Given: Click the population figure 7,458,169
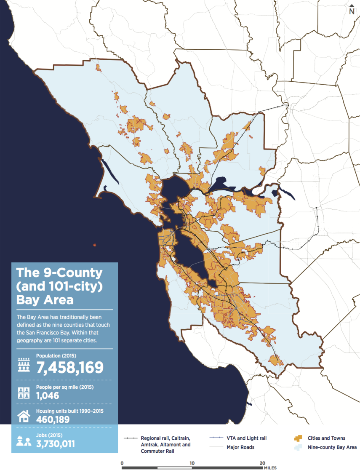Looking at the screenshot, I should click(x=70, y=367).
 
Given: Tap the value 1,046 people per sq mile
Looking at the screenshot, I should click(x=48, y=395).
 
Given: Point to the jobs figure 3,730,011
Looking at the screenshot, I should click(x=58, y=443).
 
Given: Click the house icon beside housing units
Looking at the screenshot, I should click(x=24, y=416).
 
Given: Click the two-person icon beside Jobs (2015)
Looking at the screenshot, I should click(x=24, y=441).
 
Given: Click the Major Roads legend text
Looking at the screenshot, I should click(x=240, y=447).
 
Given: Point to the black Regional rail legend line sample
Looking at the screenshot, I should click(x=131, y=438).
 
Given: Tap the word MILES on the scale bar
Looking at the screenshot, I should click(x=270, y=468).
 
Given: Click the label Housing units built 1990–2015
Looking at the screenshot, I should click(x=69, y=411).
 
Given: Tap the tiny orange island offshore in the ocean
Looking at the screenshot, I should click(x=95, y=245).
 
